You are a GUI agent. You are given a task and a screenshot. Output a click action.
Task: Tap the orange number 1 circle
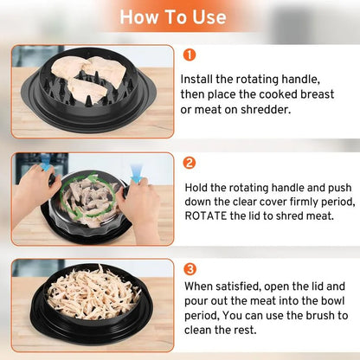[189, 55]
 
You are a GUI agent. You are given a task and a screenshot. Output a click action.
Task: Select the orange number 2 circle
[189, 162]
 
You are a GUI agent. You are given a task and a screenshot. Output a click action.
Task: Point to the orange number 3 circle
[189, 268]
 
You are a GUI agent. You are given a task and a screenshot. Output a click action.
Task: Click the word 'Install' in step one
[200, 79]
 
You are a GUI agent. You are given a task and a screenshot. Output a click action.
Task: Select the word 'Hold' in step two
[197, 185]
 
